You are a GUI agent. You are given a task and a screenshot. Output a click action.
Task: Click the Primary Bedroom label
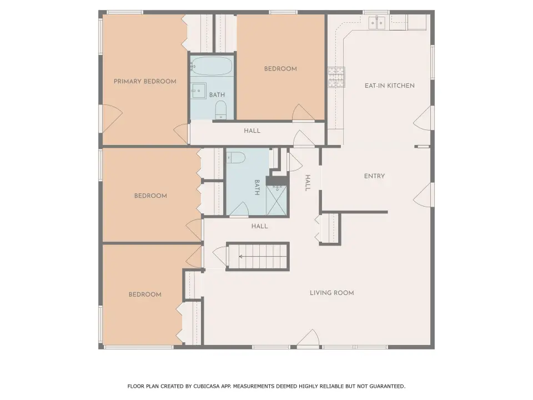(145, 81)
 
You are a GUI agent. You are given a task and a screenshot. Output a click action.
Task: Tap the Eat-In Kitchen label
(390, 86)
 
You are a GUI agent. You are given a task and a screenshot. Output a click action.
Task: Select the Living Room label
(332, 293)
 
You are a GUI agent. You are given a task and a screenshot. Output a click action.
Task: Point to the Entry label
(374, 176)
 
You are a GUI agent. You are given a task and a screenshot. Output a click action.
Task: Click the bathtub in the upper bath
(212, 66)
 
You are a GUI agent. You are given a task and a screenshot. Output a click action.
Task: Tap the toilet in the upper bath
(221, 111)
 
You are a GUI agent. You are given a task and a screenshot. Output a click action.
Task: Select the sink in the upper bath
(198, 91)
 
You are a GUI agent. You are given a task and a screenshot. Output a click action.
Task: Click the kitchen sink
(378, 23)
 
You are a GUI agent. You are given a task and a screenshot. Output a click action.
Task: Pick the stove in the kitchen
(336, 77)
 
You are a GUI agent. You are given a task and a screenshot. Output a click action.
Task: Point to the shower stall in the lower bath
(276, 201)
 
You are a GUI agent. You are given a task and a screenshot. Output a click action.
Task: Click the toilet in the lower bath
(235, 157)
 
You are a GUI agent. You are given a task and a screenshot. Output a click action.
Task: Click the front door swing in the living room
(308, 339)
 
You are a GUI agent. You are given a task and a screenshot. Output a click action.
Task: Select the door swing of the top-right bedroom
(302, 112)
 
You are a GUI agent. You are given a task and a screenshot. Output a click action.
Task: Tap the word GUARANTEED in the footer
(387, 386)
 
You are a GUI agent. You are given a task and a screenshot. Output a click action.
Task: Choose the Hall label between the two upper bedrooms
(252, 131)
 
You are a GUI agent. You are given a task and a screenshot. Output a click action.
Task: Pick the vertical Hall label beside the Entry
(308, 183)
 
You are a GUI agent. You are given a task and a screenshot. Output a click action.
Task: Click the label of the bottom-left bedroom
(145, 294)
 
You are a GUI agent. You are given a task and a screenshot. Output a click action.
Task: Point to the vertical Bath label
(257, 187)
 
